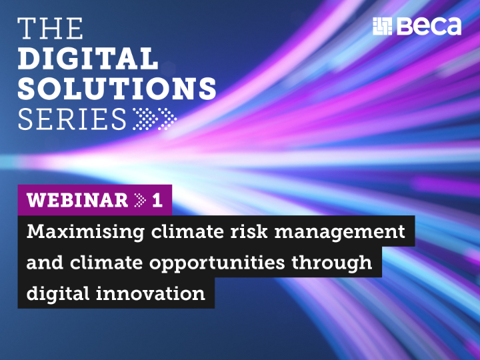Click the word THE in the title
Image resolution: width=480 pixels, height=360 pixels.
click(51, 29)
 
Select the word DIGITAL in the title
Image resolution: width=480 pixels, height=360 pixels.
click(88, 59)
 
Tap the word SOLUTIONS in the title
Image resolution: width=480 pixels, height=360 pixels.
click(117, 89)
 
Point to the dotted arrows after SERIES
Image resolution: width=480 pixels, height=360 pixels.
click(155, 119)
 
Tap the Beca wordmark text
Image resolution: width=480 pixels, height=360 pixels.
click(428, 26)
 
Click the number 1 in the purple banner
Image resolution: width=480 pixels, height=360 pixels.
click(157, 200)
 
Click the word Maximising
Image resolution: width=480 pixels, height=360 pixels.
click(78, 232)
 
